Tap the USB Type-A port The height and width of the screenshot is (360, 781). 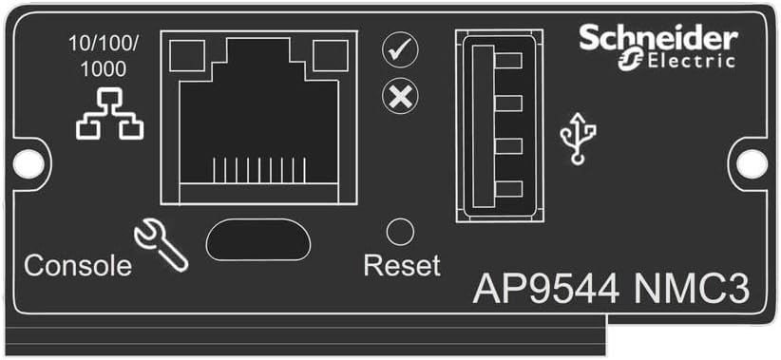coord(497,125)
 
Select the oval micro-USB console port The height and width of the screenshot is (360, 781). coord(257,239)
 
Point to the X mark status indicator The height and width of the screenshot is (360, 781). coord(400,97)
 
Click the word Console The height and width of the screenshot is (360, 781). coord(78,266)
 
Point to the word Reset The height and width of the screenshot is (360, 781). coord(402,265)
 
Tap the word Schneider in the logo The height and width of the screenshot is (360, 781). coord(658,39)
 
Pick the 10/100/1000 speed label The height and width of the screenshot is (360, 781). coord(106,55)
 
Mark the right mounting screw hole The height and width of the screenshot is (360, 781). coord(752,163)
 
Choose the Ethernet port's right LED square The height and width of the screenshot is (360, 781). coord(332,58)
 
